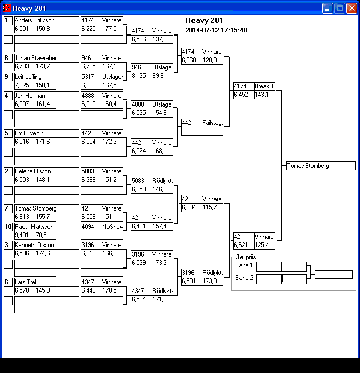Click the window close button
[x=352, y=8]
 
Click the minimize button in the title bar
[x=328, y=8]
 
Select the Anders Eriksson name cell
[x=46, y=20]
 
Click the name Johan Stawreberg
[x=46, y=58]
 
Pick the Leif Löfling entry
[x=46, y=77]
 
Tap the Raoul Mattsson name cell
[x=46, y=227]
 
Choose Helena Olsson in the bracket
[x=46, y=171]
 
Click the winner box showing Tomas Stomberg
[x=321, y=166]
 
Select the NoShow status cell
[x=112, y=227]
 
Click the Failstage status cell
[x=212, y=123]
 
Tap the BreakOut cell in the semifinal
[x=265, y=86]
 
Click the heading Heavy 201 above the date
[x=204, y=21]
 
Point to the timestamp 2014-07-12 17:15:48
[x=216, y=30]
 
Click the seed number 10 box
[x=8, y=227]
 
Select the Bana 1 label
[x=244, y=266]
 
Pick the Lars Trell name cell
[x=46, y=282]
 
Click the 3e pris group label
[x=245, y=258]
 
